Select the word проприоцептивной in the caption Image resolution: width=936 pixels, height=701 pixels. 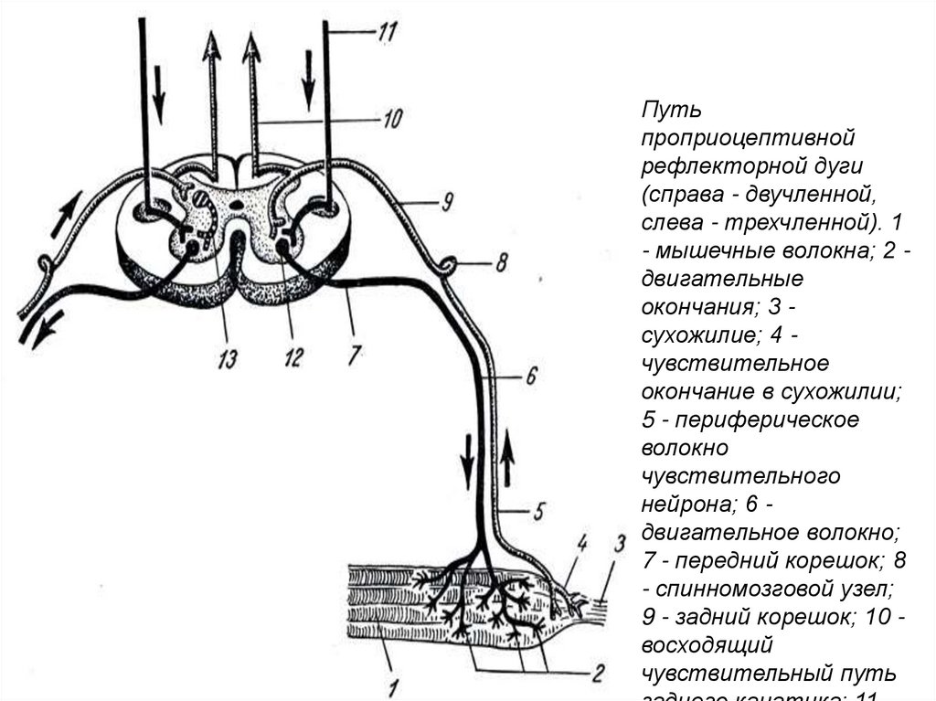click(746, 139)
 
